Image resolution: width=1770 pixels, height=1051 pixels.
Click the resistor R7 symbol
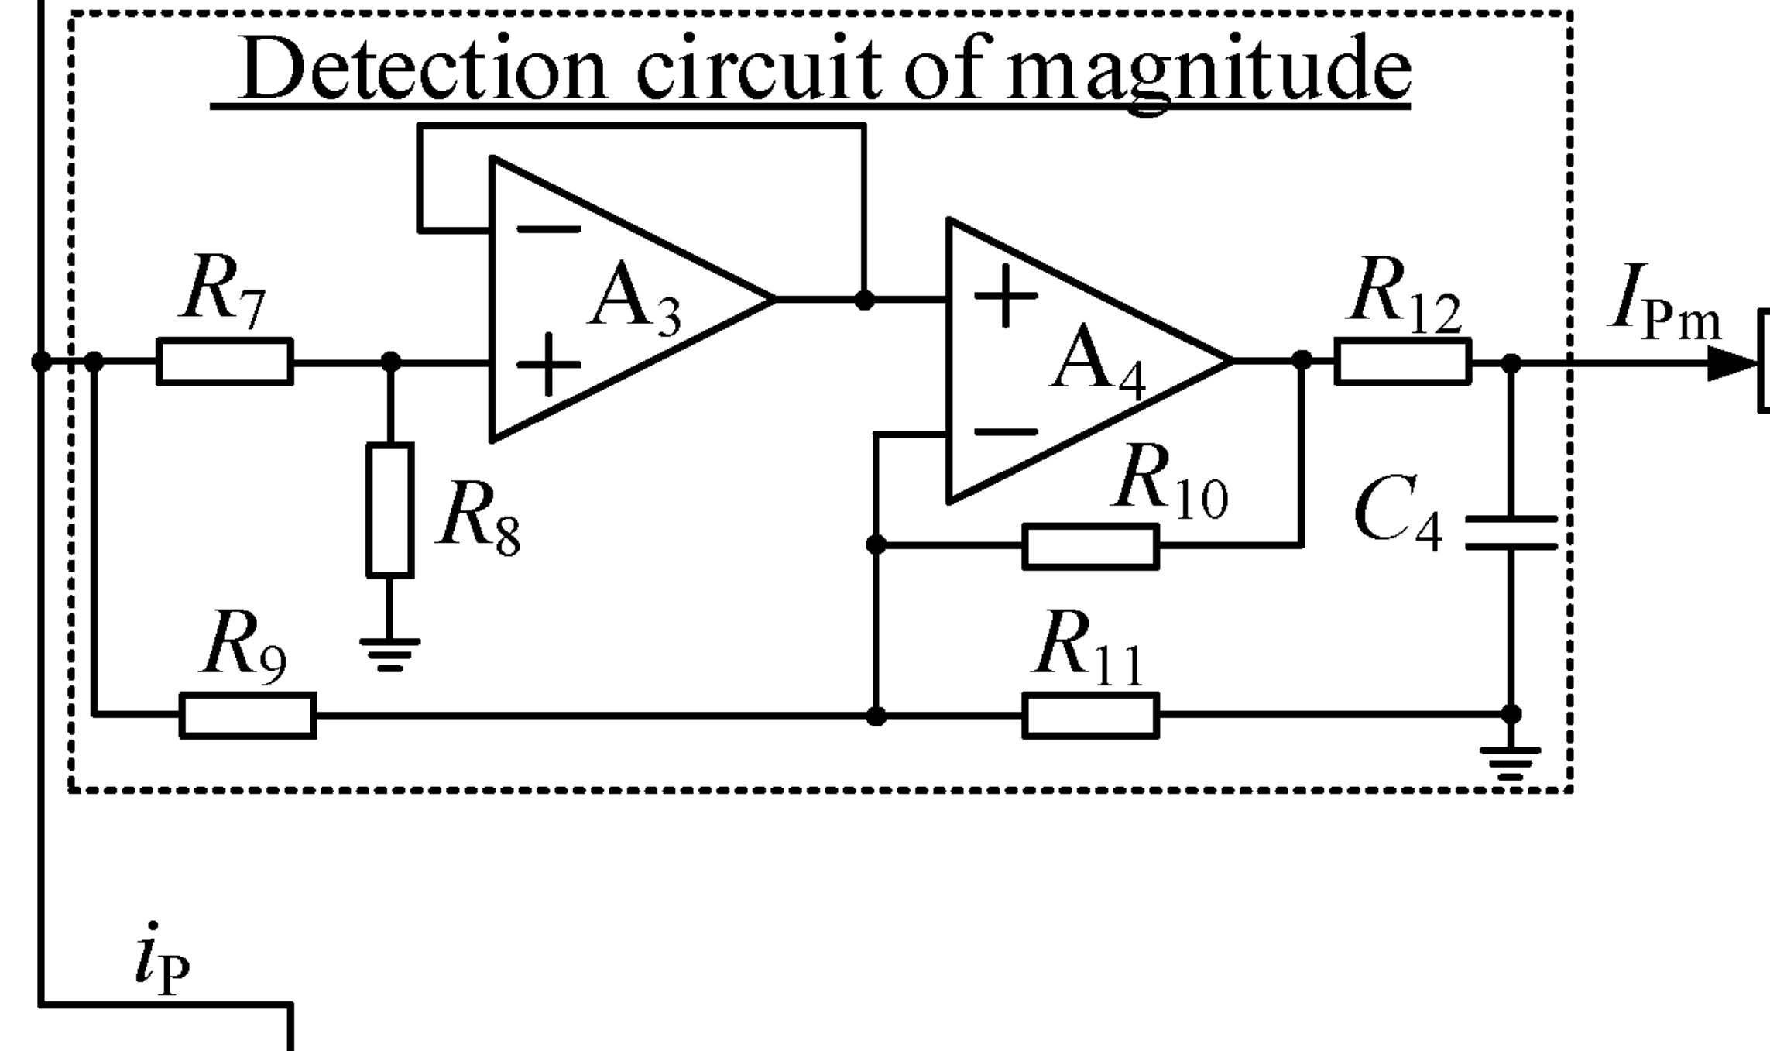coord(225,361)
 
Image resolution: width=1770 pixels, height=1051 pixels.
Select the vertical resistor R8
coord(389,510)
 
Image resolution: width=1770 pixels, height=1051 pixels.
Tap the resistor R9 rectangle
coord(248,715)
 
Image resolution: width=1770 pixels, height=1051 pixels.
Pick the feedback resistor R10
coord(1090,546)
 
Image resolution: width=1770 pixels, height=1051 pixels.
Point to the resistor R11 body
coord(1090,715)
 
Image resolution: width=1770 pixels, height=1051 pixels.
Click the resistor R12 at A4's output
coord(1402,361)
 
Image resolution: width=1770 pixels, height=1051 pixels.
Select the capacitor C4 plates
coord(1511,532)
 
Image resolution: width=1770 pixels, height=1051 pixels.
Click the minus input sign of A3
coord(548,229)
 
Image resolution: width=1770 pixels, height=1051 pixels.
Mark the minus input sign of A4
coord(1005,432)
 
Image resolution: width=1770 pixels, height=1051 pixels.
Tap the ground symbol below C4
coord(1510,763)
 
